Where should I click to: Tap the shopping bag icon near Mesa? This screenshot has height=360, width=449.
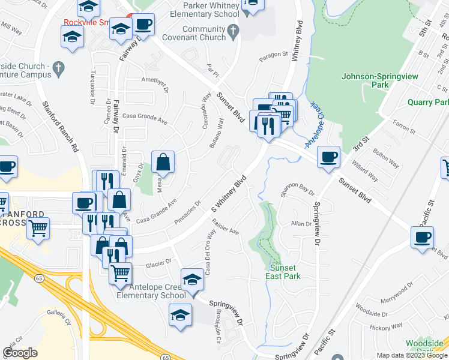point(163,161)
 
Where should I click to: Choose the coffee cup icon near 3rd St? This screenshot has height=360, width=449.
point(328,157)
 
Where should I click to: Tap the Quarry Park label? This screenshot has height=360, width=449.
point(428,103)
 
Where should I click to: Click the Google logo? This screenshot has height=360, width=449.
point(20,353)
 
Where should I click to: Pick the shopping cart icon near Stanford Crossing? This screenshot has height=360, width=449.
point(38,228)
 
